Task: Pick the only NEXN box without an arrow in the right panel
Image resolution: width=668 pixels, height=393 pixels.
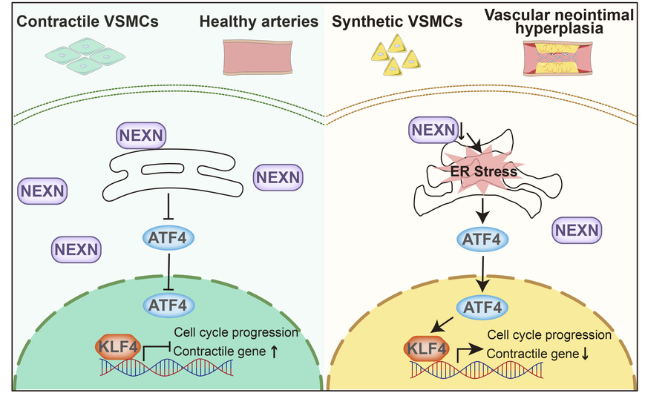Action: coord(575,231)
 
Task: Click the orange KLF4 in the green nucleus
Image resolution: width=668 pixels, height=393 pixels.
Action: coord(117,346)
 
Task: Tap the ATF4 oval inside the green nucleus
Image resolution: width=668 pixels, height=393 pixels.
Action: coord(169,304)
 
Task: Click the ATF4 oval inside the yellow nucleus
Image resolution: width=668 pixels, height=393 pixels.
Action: coord(483,306)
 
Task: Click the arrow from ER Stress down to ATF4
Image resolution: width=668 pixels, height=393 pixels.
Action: coord(482,208)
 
